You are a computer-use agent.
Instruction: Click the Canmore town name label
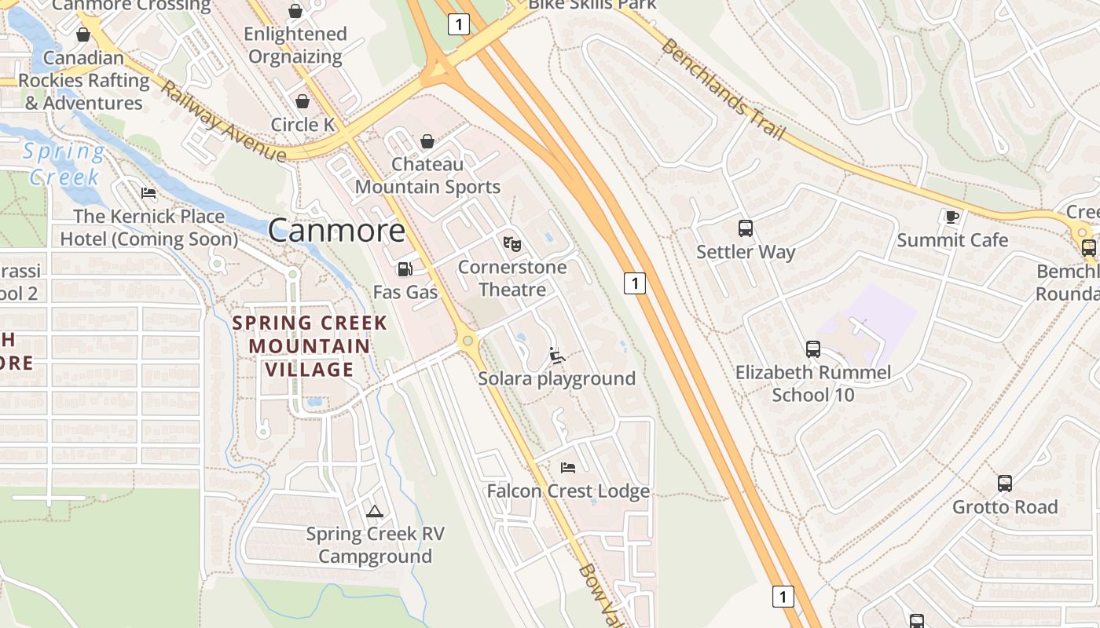tap(336, 231)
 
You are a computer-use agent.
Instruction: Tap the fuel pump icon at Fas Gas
tap(405, 269)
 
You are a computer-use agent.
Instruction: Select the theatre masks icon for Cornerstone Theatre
tap(512, 244)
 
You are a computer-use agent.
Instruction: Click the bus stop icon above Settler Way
tap(746, 228)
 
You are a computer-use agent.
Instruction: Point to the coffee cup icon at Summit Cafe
tap(952, 217)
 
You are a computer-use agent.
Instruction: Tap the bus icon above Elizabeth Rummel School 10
tap(813, 349)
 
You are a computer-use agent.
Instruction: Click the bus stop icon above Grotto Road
tap(1005, 484)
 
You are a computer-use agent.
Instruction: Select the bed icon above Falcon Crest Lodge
tap(568, 468)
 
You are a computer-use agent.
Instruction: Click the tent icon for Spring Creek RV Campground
tap(375, 512)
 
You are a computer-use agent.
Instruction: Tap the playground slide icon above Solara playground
tap(557, 356)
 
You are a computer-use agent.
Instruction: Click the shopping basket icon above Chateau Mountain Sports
tap(427, 141)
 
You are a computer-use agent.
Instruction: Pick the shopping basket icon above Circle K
tap(302, 101)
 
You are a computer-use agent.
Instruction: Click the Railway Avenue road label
tap(223, 122)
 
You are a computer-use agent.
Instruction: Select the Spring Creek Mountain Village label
tap(310, 346)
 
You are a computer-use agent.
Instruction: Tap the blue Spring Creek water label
tap(64, 164)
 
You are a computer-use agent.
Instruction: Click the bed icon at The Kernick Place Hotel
tap(148, 193)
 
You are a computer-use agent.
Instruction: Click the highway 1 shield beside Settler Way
tap(635, 283)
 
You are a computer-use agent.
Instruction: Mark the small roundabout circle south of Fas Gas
tap(468, 341)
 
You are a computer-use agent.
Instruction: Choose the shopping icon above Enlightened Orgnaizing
tap(295, 11)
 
